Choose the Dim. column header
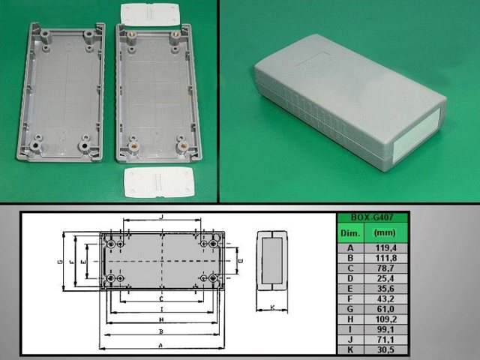351,232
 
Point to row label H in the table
351,319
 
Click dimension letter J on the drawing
161,217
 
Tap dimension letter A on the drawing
161,345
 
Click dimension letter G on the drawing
58,262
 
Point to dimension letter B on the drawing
161,331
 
